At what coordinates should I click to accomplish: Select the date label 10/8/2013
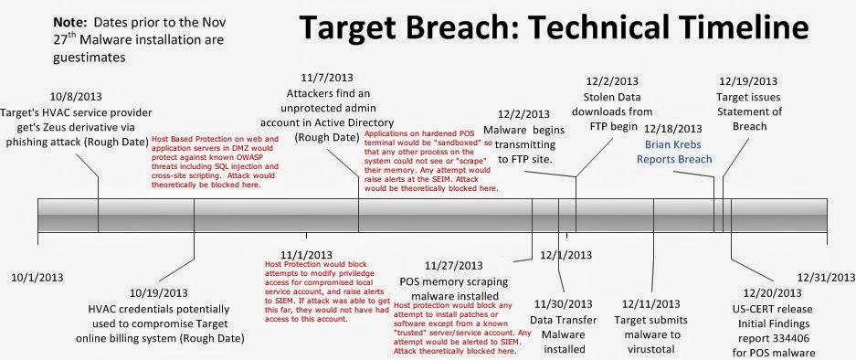pos(77,95)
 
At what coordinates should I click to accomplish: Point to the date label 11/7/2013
pos(330,80)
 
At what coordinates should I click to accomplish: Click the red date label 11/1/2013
pos(301,252)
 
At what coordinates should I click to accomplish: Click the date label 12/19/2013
pos(748,80)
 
